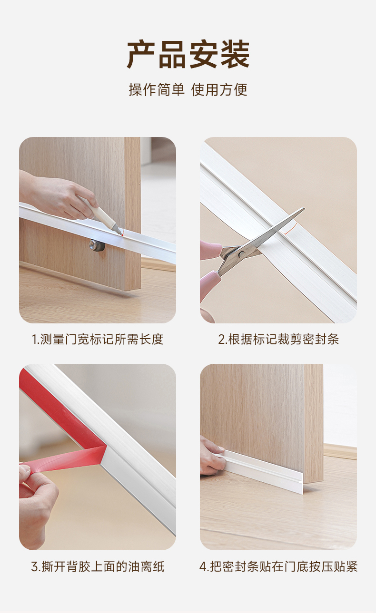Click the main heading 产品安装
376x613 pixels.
(x=188, y=55)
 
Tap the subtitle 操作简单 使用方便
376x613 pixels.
(x=188, y=89)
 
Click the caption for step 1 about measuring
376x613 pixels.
(x=98, y=340)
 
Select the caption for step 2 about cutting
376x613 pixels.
(x=278, y=340)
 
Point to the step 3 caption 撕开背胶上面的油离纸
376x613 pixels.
(x=98, y=566)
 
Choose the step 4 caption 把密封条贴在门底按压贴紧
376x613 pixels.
(x=278, y=566)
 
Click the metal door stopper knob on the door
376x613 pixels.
(x=97, y=244)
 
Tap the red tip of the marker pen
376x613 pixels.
(x=121, y=234)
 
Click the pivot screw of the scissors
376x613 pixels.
(x=241, y=254)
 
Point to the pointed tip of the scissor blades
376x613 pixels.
(x=304, y=208)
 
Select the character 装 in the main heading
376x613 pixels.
(x=236, y=55)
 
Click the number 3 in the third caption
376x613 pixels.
(x=35, y=567)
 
